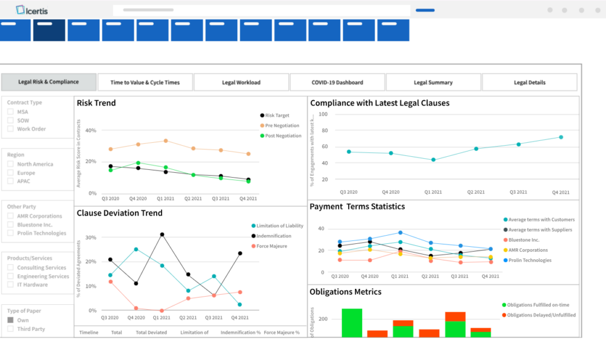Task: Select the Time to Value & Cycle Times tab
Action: coord(145,82)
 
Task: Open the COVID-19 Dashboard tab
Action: coord(337,82)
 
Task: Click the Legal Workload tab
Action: coord(241,82)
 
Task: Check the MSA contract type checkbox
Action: coord(11,112)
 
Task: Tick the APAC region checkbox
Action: coord(11,181)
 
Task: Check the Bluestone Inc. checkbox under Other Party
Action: coord(11,225)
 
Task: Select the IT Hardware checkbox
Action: coord(11,285)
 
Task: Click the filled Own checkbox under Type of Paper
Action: coord(11,320)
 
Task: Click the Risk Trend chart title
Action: coord(96,103)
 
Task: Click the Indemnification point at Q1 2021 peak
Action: coord(162,234)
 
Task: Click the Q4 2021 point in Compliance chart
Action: coord(560,137)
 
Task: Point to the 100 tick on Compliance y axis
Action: coord(323,114)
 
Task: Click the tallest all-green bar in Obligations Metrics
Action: coord(352,323)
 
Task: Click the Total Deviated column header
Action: coord(151,333)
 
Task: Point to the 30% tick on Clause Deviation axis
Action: coord(91,237)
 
